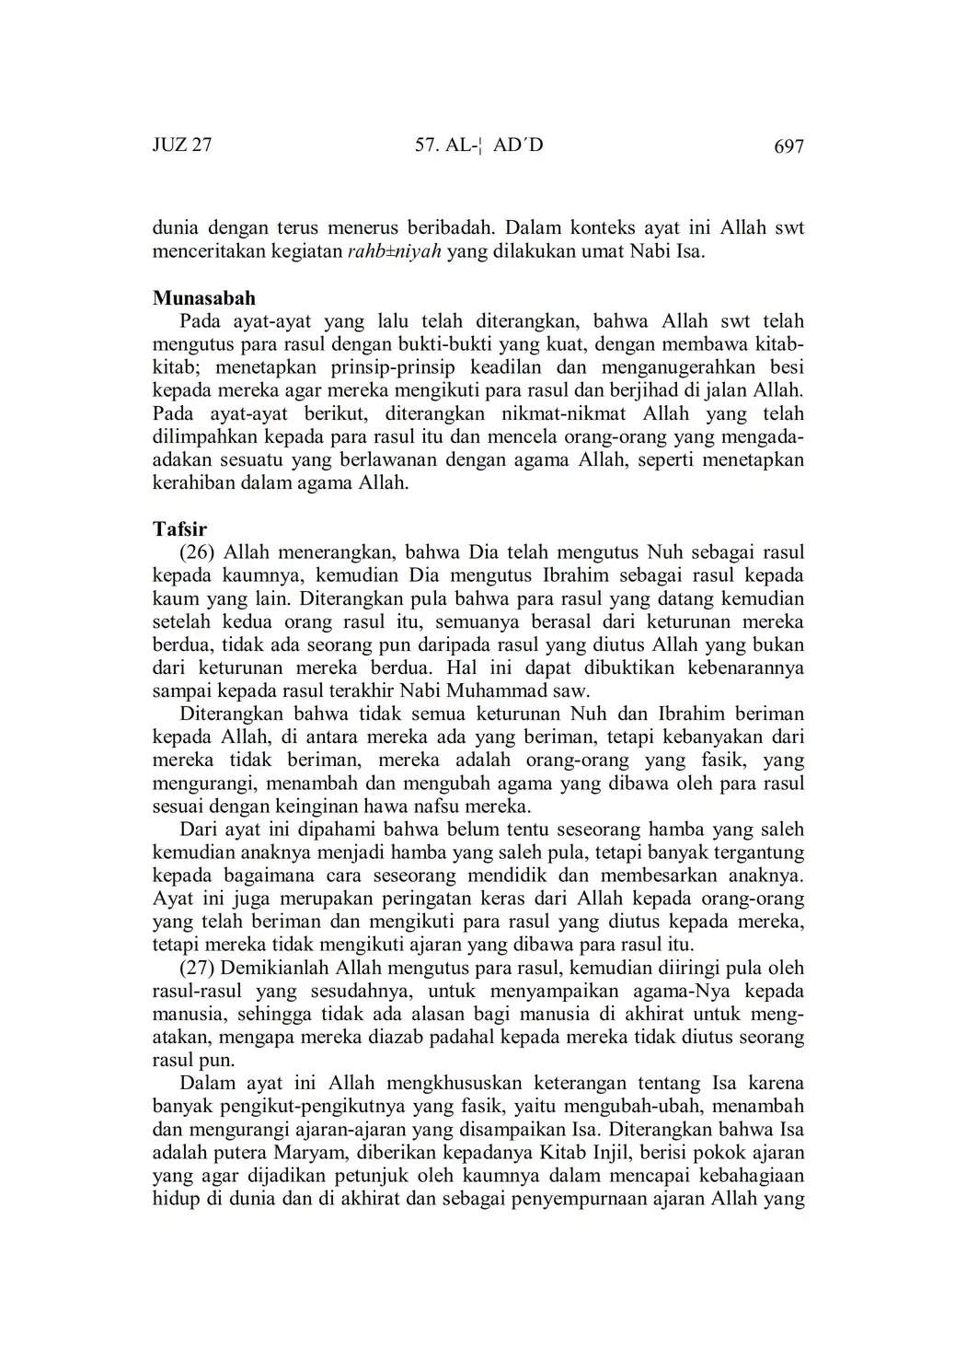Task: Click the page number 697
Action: click(788, 146)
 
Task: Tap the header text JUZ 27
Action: click(182, 145)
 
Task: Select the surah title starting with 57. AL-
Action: click(479, 145)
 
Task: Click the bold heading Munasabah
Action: click(204, 298)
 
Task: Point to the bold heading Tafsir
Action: click(179, 529)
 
